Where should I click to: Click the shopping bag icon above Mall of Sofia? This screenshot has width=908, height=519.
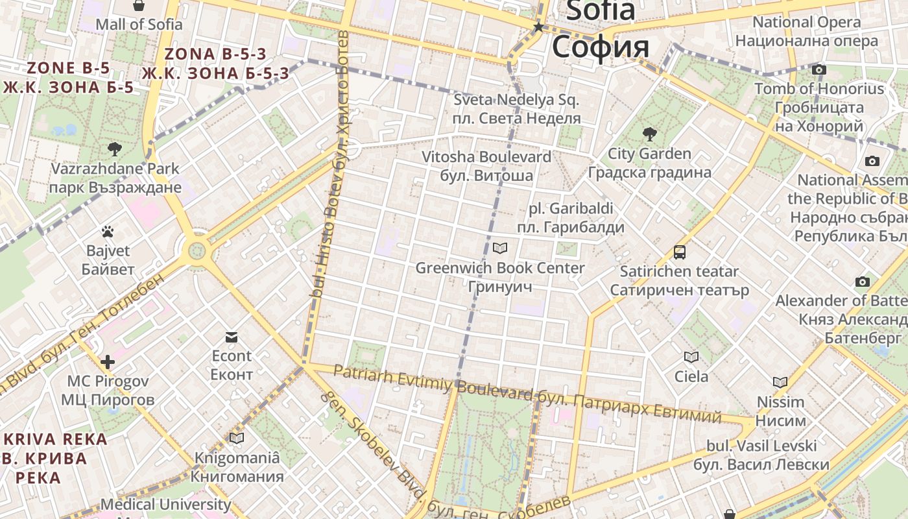click(x=138, y=6)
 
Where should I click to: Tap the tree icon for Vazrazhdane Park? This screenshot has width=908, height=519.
click(x=115, y=149)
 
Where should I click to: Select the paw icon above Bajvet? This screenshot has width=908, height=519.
click(x=108, y=231)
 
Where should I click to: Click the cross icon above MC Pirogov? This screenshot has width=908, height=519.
click(x=108, y=361)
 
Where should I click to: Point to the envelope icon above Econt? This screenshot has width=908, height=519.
click(x=232, y=337)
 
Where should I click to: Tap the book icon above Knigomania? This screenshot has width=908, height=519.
click(x=237, y=438)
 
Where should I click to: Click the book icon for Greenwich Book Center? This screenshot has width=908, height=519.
click(x=500, y=248)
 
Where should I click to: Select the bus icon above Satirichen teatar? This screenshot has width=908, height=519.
click(x=679, y=252)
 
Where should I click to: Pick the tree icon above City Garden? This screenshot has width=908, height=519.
click(x=649, y=134)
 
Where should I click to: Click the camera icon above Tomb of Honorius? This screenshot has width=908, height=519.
click(x=819, y=69)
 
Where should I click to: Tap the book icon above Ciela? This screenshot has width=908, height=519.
click(x=691, y=357)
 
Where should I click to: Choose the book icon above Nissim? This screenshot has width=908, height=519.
click(x=780, y=382)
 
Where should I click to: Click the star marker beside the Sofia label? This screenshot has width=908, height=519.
click(x=538, y=27)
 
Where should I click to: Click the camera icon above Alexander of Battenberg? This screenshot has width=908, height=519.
click(x=862, y=282)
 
